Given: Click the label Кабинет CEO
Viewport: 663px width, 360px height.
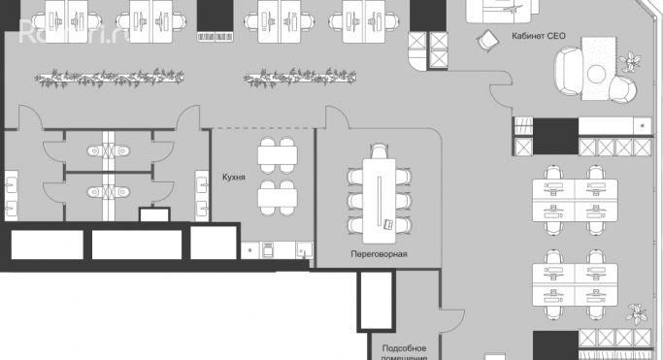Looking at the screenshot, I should tap(538, 35).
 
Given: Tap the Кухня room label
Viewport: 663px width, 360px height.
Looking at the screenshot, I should tap(233, 179).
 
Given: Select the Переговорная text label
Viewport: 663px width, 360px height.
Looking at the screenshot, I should tap(379, 254).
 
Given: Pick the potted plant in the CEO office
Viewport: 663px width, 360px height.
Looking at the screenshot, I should tap(633, 62).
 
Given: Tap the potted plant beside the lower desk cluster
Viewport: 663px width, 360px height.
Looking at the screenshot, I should tap(638, 313).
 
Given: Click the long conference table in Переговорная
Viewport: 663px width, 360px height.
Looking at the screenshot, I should tap(375, 193).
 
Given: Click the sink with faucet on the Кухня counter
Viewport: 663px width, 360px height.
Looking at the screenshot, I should tap(301, 251).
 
